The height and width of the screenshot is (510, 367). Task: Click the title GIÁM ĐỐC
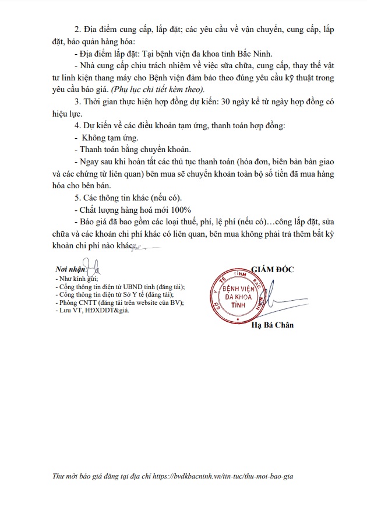click(x=273, y=269)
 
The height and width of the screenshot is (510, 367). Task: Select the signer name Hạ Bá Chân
click(x=273, y=325)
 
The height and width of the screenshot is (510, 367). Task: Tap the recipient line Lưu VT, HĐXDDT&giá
click(x=91, y=310)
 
